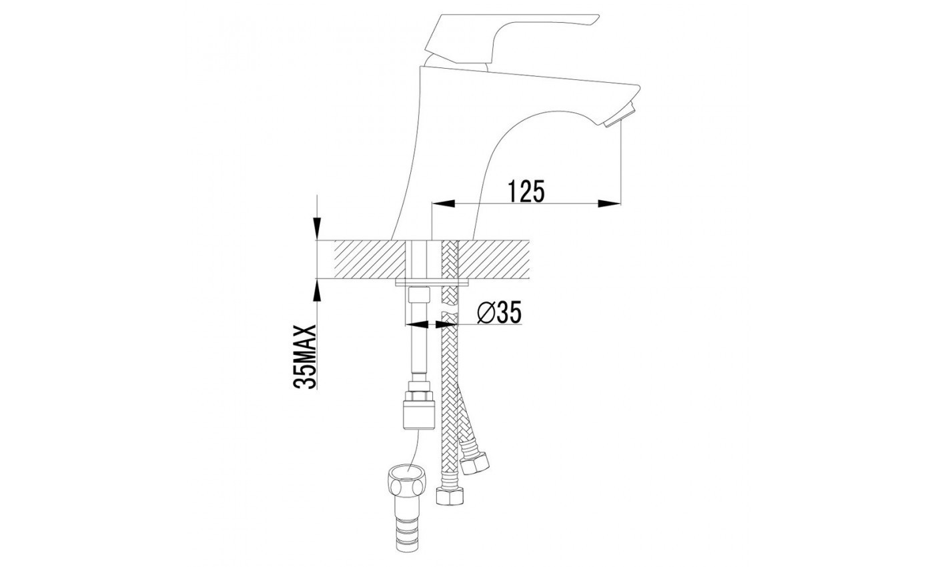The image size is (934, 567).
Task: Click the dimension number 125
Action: point(526,191)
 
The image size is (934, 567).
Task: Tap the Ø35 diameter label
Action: point(500,313)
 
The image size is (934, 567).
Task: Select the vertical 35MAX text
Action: point(304,357)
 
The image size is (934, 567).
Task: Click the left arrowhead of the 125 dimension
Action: point(443,203)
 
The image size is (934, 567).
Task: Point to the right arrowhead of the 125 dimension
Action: point(610,203)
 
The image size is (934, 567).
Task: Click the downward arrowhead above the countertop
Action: point(318,228)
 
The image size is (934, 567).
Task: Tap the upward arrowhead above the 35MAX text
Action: point(318,291)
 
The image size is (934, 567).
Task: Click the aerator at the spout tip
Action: point(620,115)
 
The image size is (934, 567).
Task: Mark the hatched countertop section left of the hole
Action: point(369,259)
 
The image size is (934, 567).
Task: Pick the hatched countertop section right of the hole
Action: point(494,259)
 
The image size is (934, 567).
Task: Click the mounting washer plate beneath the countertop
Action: point(432,283)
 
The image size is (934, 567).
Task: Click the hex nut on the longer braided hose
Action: point(450,496)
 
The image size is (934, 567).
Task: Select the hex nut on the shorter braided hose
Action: point(475,462)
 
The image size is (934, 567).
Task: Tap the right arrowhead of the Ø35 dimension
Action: point(446,324)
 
